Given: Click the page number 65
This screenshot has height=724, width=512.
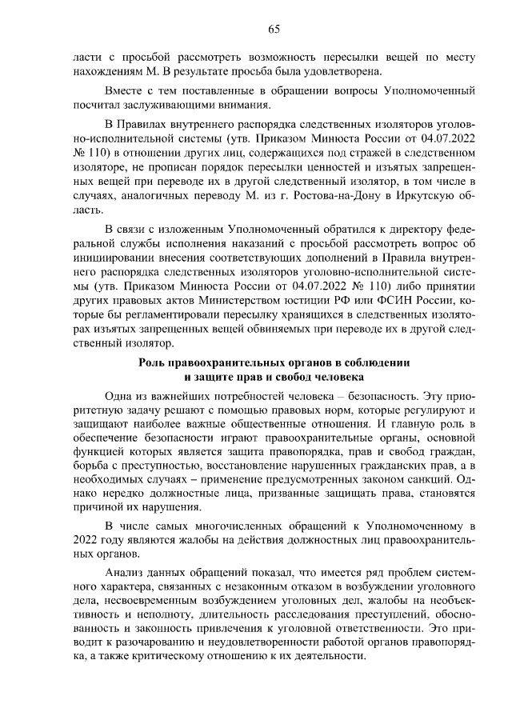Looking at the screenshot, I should click(273, 30).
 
